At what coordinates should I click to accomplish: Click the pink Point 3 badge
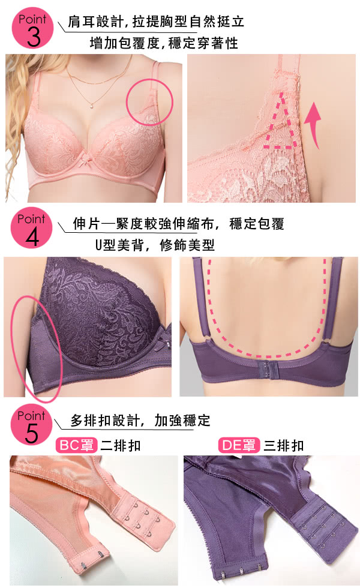tap(32, 28)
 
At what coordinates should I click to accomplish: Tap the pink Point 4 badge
tap(31, 227)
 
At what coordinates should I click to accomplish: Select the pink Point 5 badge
tap(31, 425)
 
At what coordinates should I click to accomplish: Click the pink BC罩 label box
tap(77, 445)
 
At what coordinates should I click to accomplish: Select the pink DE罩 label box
tap(239, 445)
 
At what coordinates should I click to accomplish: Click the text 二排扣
tap(121, 445)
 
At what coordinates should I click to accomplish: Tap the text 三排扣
tap(283, 445)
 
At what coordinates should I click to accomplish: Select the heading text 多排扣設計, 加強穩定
tap(140, 421)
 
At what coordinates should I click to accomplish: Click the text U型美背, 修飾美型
tap(155, 245)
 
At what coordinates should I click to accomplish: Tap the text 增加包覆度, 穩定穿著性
tap(164, 43)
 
